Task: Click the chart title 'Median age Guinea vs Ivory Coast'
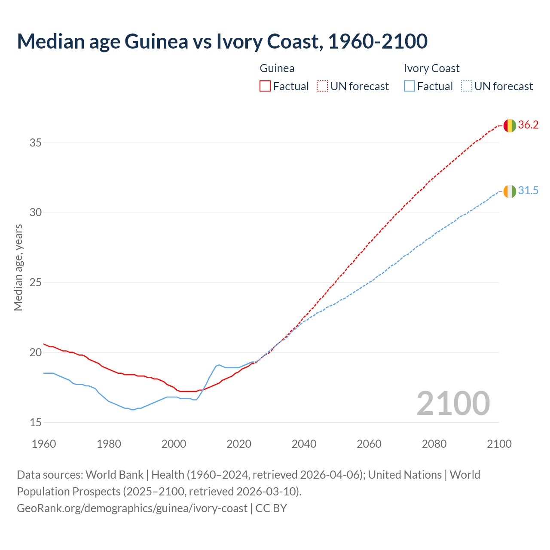pyautogui.click(x=222, y=41)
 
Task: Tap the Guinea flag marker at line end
pyautogui.click(x=510, y=125)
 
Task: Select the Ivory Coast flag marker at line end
pyautogui.click(x=510, y=191)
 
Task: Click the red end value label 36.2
pyautogui.click(x=528, y=125)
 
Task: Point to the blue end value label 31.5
pyautogui.click(x=528, y=191)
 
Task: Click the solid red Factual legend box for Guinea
pyautogui.click(x=265, y=86)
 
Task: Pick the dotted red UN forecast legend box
pyautogui.click(x=322, y=86)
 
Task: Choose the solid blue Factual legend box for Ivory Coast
pyautogui.click(x=409, y=86)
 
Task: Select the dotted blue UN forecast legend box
pyautogui.click(x=466, y=86)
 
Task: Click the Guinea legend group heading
pyautogui.click(x=277, y=68)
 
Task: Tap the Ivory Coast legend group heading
pyautogui.click(x=431, y=68)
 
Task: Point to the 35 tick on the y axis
pyautogui.click(x=35, y=143)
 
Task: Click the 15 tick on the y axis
pyautogui.click(x=35, y=423)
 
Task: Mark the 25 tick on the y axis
pyautogui.click(x=35, y=283)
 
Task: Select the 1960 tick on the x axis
pyautogui.click(x=44, y=444)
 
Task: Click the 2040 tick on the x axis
pyautogui.click(x=304, y=444)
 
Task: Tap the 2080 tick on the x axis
pyautogui.click(x=434, y=444)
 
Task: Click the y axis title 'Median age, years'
pyautogui.click(x=18, y=267)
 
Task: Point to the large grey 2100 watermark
pyautogui.click(x=453, y=403)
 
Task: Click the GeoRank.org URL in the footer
pyautogui.click(x=132, y=508)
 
